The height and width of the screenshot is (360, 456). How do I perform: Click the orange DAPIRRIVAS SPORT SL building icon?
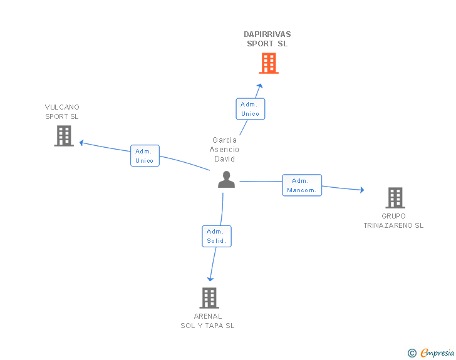click(x=268, y=63)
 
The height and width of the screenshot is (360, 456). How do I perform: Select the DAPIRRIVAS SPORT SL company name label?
click(x=267, y=39)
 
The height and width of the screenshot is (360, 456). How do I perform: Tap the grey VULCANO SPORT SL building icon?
click(x=64, y=136)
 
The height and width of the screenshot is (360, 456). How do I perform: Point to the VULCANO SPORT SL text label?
click(x=62, y=111)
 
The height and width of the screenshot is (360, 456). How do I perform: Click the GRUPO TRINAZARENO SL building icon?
click(x=395, y=198)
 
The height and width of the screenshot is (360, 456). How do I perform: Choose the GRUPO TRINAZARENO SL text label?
click(x=393, y=221)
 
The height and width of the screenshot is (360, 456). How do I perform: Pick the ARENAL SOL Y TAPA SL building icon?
click(x=209, y=298)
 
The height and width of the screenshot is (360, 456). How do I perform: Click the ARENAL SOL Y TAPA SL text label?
click(x=208, y=321)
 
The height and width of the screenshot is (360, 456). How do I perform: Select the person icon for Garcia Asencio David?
click(x=226, y=180)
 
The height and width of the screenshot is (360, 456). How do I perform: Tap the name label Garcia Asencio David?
click(x=225, y=149)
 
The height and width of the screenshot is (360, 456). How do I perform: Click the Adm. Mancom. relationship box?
click(x=302, y=185)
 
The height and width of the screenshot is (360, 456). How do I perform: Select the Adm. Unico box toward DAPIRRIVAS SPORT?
click(x=251, y=109)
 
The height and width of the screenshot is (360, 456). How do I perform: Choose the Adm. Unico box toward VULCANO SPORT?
click(x=145, y=156)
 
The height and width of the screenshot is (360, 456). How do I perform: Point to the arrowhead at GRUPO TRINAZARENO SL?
click(x=361, y=190)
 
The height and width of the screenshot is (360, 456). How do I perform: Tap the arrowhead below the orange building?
click(x=260, y=86)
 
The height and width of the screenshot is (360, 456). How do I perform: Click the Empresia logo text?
click(x=437, y=353)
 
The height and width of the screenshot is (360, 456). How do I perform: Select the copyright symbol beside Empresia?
click(x=412, y=354)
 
